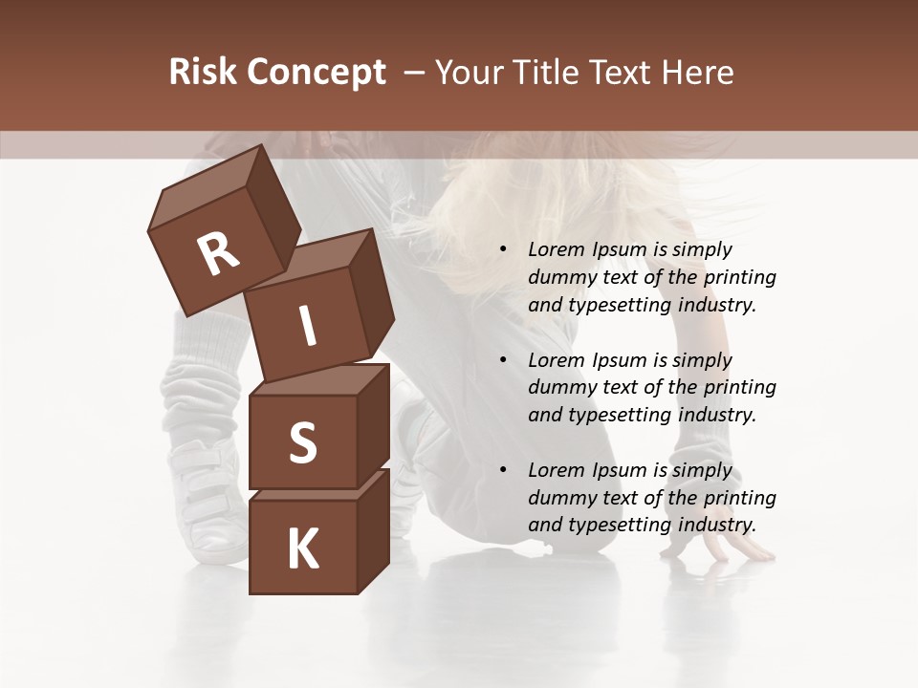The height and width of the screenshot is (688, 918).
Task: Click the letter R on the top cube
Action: click(218, 254)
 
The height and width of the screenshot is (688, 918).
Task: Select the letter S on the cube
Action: click(302, 442)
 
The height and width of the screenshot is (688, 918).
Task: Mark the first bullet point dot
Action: click(503, 250)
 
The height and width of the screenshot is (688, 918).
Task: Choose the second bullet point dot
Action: click(503, 361)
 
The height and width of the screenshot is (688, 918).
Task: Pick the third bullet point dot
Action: click(503, 471)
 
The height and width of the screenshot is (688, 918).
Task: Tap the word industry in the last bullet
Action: click(712, 525)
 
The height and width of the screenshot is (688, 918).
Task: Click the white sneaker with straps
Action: click(206, 497)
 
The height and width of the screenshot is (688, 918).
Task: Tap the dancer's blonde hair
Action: click(488, 220)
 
